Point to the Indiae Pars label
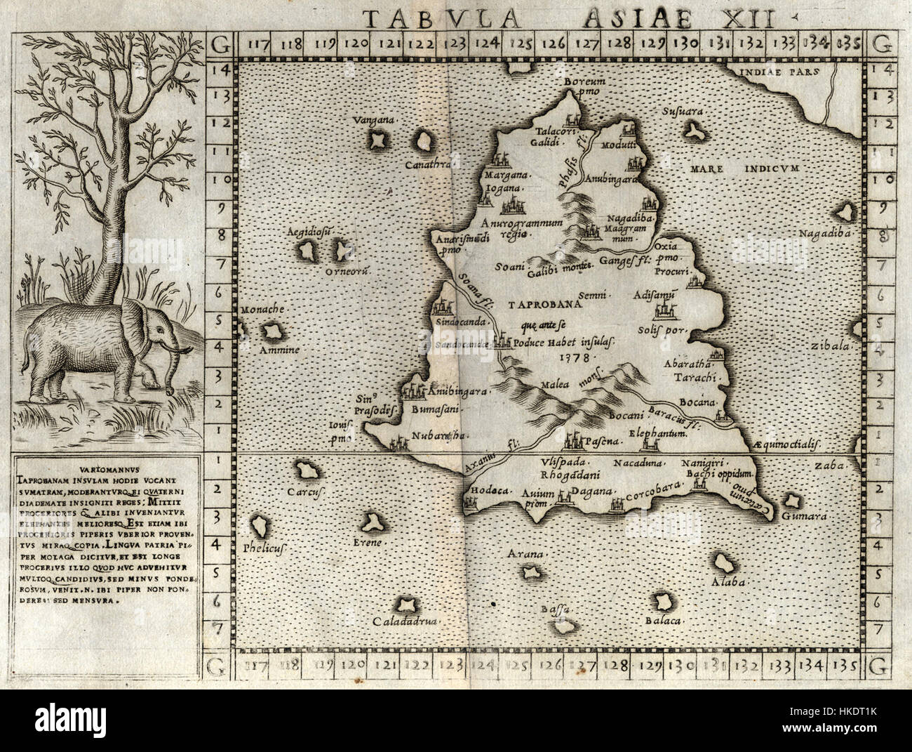pyautogui.click(x=776, y=72)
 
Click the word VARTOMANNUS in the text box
pyautogui.click(x=105, y=465)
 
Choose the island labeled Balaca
pyautogui.click(x=662, y=602)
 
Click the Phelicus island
pyautogui.click(x=261, y=525)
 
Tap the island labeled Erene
pyautogui.click(x=370, y=522)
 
